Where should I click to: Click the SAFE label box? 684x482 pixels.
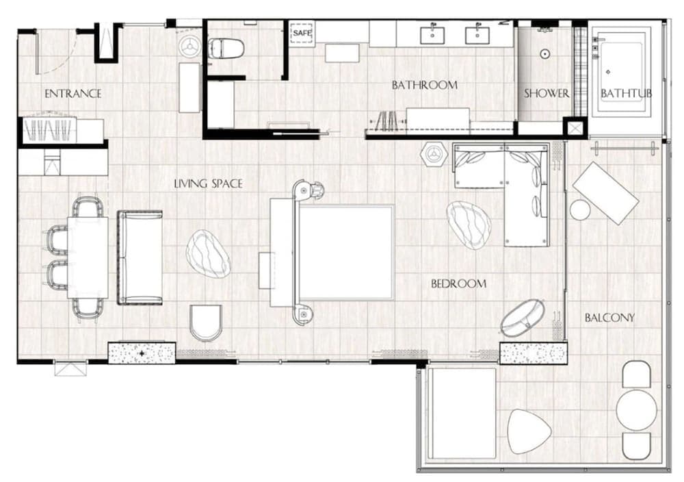pos(302,33)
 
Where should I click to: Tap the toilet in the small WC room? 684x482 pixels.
pos(226,49)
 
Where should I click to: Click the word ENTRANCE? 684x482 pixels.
pos(73,94)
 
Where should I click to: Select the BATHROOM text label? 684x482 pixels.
pos(424,86)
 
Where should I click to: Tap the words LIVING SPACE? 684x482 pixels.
pos(208,183)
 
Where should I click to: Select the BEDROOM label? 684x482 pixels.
pos(458,283)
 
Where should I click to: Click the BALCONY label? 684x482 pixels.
pos(609,318)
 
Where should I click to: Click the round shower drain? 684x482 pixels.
pos(545,53)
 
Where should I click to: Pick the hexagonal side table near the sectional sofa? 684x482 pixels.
pos(431,154)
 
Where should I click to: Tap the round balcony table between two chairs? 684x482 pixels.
pos(636,409)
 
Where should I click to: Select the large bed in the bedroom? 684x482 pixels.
pos(345,252)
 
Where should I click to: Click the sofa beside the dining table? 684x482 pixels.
pos(140,257)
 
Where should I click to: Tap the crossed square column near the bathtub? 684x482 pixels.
pos(575,128)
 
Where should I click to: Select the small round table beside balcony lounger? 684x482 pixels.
pos(580,210)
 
